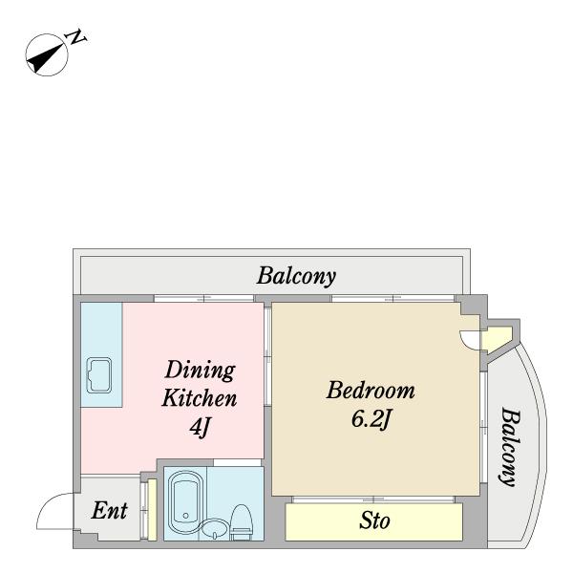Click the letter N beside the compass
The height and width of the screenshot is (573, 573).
(75, 36)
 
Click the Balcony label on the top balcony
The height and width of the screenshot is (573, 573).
(296, 277)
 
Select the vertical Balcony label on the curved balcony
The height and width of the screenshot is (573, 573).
(510, 447)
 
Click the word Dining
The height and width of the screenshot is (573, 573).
(200, 371)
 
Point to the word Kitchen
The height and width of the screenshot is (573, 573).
(200, 398)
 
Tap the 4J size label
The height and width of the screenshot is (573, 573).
(201, 426)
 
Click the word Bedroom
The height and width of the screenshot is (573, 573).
(371, 390)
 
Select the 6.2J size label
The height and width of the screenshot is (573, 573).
(371, 418)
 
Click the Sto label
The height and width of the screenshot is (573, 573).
(374, 520)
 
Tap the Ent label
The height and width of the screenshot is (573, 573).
(109, 510)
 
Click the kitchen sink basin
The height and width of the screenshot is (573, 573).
(98, 375)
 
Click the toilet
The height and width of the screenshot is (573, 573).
(241, 522)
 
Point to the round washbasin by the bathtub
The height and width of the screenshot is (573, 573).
(215, 529)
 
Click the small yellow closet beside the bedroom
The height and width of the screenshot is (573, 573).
(497, 338)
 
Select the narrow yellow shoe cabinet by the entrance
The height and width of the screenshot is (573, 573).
(152, 509)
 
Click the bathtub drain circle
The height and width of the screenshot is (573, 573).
(186, 516)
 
